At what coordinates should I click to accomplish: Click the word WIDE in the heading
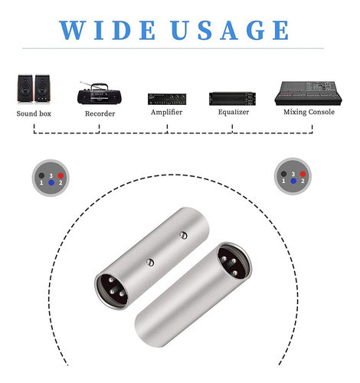tap(107, 30)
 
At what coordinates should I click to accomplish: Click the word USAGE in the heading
tap(230, 30)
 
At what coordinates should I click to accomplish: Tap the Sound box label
tap(34, 113)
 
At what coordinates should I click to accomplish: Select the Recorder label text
tap(100, 113)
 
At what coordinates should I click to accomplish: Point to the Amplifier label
tap(166, 113)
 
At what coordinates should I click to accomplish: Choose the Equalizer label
tap(234, 112)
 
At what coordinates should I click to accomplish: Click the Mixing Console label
tap(309, 112)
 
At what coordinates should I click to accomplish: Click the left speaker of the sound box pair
tap(25, 89)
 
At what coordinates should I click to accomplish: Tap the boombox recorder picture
tap(100, 93)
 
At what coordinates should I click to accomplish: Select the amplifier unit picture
tap(167, 99)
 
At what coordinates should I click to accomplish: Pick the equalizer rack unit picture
tap(232, 99)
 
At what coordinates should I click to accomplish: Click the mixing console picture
tap(308, 93)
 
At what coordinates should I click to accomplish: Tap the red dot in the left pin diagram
tap(61, 175)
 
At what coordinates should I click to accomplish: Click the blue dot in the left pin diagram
tap(51, 182)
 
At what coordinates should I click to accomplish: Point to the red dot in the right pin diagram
tap(303, 174)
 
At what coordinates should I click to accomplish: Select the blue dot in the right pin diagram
tap(293, 181)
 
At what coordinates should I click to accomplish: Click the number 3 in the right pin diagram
tap(293, 174)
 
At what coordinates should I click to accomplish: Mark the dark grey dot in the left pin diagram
tap(41, 175)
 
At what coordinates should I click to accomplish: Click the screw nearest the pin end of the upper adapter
tap(150, 262)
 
